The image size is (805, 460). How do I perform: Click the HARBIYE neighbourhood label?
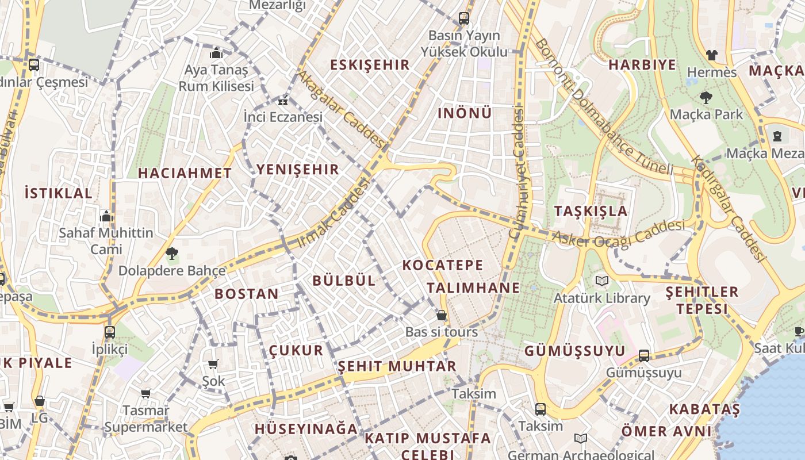click(642, 64)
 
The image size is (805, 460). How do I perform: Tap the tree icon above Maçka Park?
click(706, 98)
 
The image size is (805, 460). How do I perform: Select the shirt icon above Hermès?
click(712, 55)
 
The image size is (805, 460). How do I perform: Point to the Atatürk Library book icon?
click(601, 281)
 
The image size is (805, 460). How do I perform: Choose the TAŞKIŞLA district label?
click(591, 211)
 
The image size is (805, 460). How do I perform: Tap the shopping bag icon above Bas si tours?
click(442, 315)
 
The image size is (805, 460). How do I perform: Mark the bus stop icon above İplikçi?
click(110, 332)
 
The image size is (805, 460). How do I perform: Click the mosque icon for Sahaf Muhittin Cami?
click(106, 216)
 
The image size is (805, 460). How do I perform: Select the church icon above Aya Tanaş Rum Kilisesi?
click(216, 53)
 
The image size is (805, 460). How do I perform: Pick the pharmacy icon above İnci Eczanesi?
click(282, 101)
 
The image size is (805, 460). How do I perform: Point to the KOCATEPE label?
click(443, 265)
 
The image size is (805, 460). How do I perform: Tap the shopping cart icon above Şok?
click(213, 363)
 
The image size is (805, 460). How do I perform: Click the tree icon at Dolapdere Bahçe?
click(171, 253)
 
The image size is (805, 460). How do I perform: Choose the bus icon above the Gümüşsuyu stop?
click(644, 356)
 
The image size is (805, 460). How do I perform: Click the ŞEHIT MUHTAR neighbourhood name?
click(397, 366)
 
